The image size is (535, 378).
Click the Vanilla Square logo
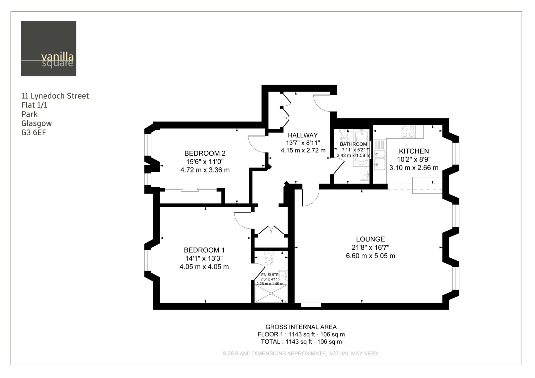[49, 49]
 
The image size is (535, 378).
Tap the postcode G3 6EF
[34, 132]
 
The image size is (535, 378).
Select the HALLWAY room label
[303, 135]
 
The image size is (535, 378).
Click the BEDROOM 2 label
[205, 153]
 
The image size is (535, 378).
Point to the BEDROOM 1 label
[204, 250]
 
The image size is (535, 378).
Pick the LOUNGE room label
[370, 239]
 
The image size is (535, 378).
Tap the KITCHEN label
[414, 151]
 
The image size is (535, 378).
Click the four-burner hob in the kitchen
[408, 131]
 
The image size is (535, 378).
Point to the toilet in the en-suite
[269, 258]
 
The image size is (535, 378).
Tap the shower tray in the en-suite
[271, 293]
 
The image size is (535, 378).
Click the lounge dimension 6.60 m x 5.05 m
[370, 256]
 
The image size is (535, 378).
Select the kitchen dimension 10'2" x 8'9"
[414, 159]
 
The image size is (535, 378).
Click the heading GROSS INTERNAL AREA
[301, 327]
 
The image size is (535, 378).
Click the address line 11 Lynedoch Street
[55, 96]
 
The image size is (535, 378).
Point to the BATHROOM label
[353, 144]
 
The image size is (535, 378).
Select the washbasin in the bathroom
[365, 175]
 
